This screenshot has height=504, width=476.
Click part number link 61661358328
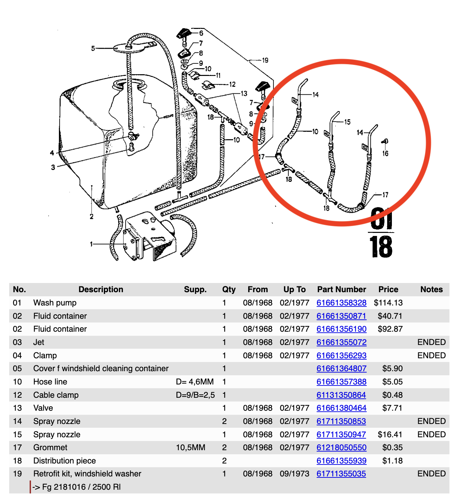coord(341,303)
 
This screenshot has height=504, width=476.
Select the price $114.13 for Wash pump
coord(388,303)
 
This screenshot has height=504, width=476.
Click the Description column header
coord(101,289)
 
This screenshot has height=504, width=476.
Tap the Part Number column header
coord(342,289)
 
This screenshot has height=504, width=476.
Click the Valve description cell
coord(43,408)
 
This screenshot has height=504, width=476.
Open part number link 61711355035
coord(341,474)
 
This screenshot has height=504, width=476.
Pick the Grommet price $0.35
coord(392,447)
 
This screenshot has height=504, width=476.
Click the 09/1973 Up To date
coord(294,474)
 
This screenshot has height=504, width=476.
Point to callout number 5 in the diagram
coord(93,48)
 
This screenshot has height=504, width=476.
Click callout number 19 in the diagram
coord(265,60)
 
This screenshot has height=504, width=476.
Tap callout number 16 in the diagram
coord(385,154)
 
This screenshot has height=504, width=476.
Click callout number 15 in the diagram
coord(347,122)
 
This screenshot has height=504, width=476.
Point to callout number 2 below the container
coord(92,217)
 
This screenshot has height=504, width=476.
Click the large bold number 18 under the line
coord(381,247)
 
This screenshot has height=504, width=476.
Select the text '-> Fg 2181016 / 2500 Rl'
coord(77,487)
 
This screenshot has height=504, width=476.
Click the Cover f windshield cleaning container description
coord(101,368)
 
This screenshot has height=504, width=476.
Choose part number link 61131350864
coord(341,395)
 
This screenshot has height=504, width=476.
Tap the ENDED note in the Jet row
coord(431,342)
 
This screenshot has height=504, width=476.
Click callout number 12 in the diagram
coord(233,84)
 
